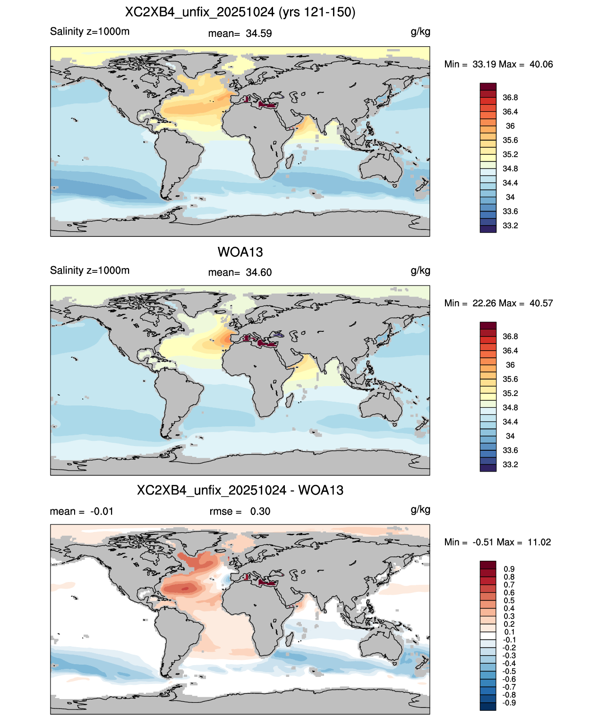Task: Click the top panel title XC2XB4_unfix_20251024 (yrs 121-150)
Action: [x=240, y=12]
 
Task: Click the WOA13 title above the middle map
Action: [x=240, y=252]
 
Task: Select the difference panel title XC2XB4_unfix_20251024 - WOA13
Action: [x=240, y=490]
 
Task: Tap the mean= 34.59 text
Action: [x=240, y=34]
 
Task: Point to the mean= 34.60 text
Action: [x=240, y=273]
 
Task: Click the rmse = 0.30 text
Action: [x=240, y=511]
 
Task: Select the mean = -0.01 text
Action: [x=82, y=511]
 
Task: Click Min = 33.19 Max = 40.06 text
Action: [x=498, y=64]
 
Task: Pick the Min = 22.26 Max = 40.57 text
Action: [x=498, y=303]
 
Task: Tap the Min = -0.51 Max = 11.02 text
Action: [x=497, y=542]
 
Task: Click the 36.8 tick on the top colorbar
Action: [x=510, y=98]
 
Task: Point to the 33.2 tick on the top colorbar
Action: [x=510, y=226]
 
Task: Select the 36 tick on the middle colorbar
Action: [x=510, y=365]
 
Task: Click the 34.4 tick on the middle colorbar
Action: [x=510, y=422]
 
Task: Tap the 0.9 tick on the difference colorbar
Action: [x=509, y=569]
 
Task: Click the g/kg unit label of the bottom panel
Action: [x=420, y=510]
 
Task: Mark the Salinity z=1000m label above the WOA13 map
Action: [x=90, y=270]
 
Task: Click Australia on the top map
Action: [x=381, y=166]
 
